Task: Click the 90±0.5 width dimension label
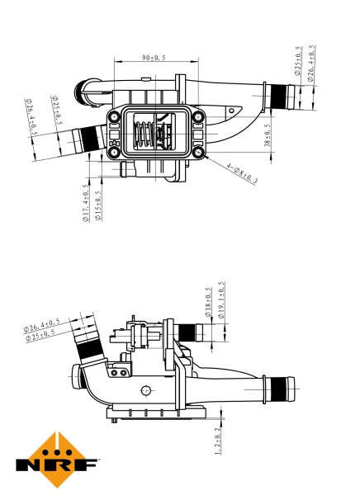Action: click(x=154, y=58)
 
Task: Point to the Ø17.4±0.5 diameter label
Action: click(x=86, y=207)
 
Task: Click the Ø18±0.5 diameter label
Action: click(x=209, y=303)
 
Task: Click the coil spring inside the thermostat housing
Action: click(x=144, y=135)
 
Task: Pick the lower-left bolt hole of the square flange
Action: click(x=113, y=152)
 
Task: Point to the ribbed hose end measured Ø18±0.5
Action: click(x=192, y=333)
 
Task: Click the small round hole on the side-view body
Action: click(x=146, y=390)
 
